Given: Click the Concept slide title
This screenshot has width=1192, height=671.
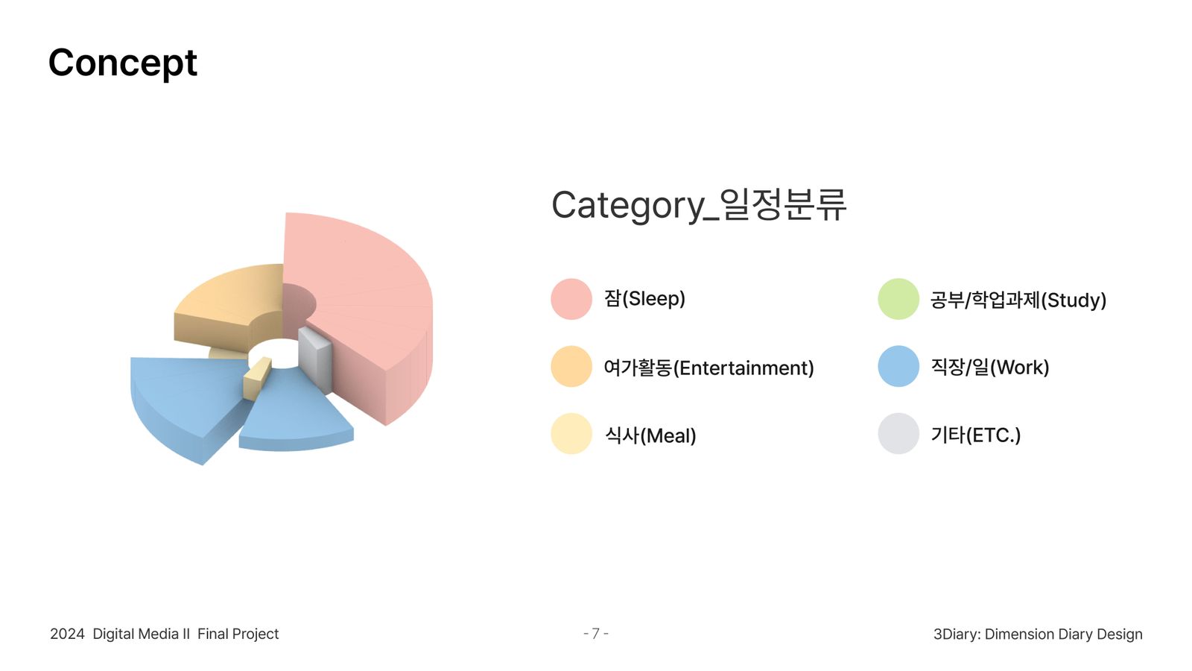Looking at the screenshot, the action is (123, 63).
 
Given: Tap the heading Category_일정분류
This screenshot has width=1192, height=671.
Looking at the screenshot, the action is (699, 205).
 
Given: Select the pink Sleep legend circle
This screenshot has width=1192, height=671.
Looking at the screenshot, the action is (571, 299).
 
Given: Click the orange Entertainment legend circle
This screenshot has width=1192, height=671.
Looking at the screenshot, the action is (571, 366).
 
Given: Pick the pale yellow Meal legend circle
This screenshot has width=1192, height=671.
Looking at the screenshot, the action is (571, 433).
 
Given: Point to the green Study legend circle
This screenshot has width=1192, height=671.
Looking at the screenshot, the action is (898, 299).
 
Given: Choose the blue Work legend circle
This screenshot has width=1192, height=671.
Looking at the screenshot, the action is (898, 366).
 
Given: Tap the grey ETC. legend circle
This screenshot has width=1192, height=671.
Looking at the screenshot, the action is (898, 433).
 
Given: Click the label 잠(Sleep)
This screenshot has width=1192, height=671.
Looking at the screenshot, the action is (644, 298).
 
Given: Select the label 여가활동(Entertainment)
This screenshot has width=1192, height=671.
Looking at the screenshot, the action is (708, 368).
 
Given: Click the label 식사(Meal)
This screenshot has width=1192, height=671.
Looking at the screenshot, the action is (650, 435).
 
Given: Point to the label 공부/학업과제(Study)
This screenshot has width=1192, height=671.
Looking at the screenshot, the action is (1018, 300).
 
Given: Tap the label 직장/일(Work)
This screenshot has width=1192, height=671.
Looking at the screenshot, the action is (990, 367).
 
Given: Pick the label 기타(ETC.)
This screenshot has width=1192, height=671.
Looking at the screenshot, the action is (976, 435).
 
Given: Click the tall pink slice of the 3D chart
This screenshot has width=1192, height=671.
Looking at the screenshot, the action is (362, 298).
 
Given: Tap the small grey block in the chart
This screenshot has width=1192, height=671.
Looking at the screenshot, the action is (315, 358).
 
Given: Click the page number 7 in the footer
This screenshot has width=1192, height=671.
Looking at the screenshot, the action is (596, 634).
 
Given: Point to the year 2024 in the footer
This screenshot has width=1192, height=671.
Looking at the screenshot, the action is (67, 634).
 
